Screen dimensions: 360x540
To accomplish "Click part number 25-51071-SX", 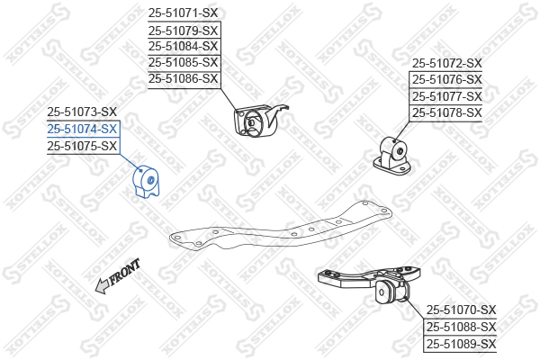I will tap(183, 13).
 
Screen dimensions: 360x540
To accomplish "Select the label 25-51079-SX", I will tap(183, 30).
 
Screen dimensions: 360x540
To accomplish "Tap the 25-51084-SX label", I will tap(183, 46).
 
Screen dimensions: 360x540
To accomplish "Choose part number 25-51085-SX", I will tap(183, 62).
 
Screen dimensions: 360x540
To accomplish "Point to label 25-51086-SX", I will tap(183, 78).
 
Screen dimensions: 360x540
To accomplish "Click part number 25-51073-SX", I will tap(82, 112).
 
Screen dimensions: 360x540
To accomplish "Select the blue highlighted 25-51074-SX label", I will tap(82, 129).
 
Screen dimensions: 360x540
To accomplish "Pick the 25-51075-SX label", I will tap(82, 145).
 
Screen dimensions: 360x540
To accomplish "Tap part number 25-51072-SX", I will tap(447, 64).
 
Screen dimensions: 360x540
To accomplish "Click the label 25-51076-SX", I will tap(447, 80).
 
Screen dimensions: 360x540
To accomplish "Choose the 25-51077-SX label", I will tap(447, 96).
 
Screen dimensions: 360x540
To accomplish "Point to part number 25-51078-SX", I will tap(447, 112).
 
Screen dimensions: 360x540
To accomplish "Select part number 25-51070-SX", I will tap(461, 310).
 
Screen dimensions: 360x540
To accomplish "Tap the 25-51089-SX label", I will tap(461, 343).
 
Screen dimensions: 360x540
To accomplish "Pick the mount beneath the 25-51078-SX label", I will tap(398, 153).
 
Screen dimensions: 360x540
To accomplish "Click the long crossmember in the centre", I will tap(279, 228).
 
